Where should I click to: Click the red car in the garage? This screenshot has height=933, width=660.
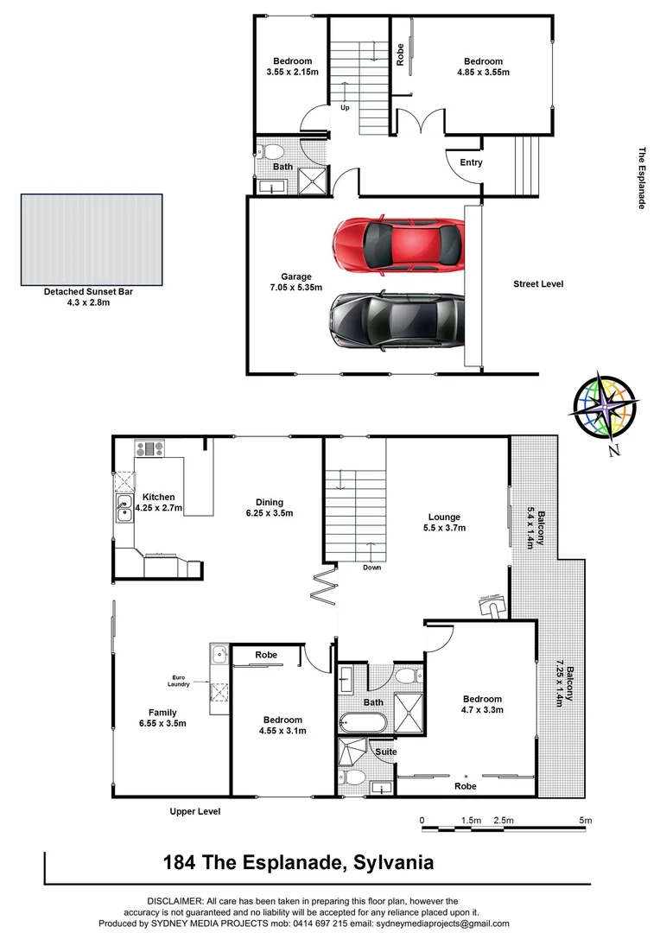point(398,245)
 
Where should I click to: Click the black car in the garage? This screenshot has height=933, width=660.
point(397,321)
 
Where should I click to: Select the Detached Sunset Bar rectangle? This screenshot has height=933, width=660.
point(92,239)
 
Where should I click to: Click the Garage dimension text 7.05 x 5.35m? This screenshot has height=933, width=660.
point(295,288)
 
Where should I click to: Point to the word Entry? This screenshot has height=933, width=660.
point(471,162)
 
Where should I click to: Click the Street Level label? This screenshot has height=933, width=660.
point(538,284)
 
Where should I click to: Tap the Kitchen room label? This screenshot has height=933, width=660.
point(159,497)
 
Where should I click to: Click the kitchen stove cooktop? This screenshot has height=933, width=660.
point(149,448)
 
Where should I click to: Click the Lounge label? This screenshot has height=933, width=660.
point(444,517)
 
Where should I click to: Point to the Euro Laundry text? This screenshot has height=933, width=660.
point(179,681)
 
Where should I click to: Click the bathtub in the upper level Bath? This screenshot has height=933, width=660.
point(363,723)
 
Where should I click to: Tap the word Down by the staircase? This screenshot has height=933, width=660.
point(372,567)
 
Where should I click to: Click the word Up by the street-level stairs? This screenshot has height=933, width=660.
point(345,108)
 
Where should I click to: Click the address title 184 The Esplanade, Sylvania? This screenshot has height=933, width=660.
point(299,862)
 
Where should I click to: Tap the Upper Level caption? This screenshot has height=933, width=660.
point(194,811)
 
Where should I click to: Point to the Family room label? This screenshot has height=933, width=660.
point(162,712)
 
